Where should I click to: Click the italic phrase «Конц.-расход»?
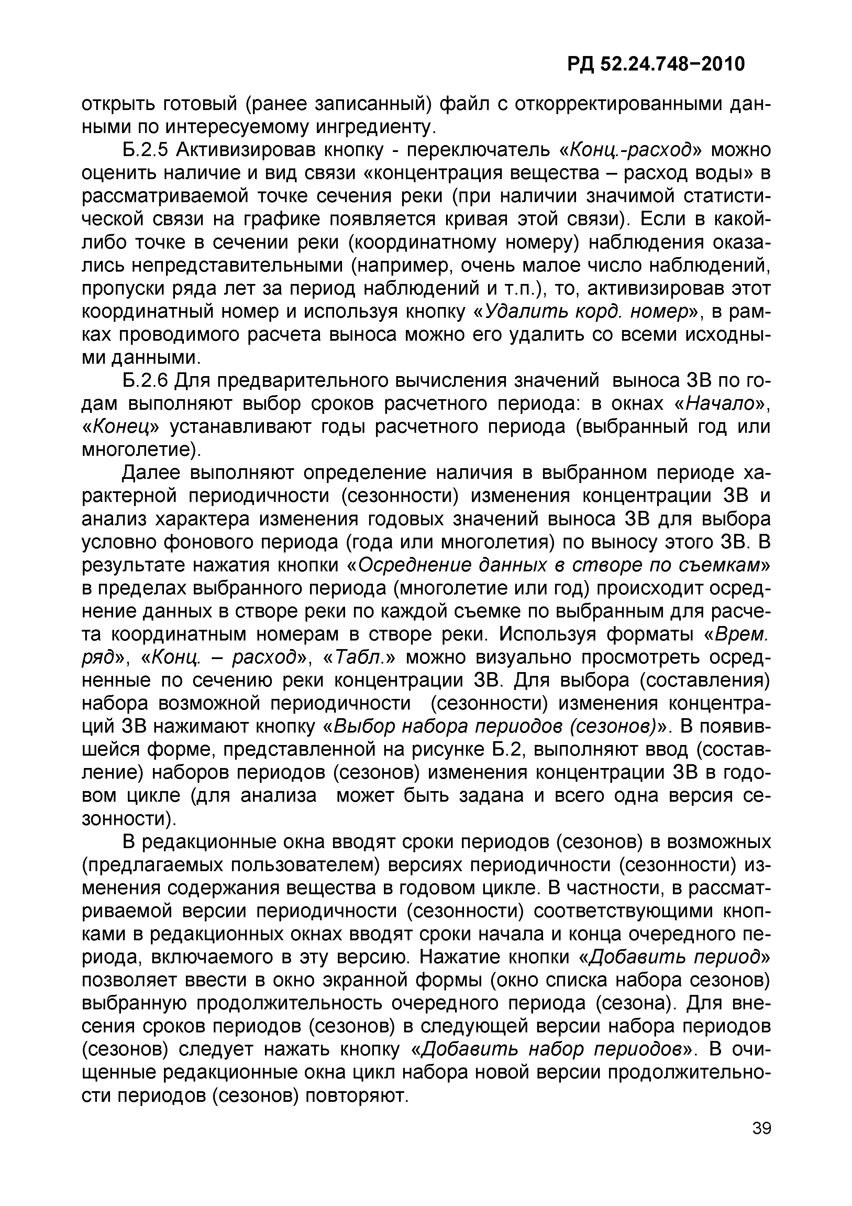(635, 150)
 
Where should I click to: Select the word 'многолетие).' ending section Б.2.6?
(142, 450)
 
